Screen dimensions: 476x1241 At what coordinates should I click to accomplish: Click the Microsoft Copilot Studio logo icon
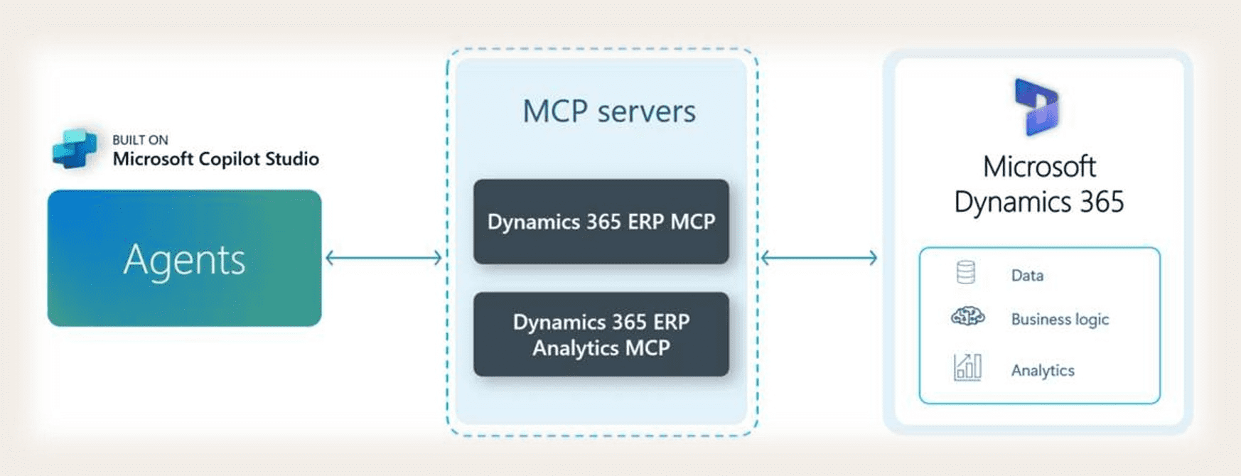click(x=75, y=148)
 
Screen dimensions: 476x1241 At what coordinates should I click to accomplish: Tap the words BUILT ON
click(x=140, y=140)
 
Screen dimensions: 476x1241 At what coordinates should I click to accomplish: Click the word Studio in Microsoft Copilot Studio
click(x=291, y=158)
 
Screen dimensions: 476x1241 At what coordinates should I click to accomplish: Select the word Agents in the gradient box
click(x=184, y=259)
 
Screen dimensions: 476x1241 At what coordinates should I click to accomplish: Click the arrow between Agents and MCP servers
click(x=384, y=258)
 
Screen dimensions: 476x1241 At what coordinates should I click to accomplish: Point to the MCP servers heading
click(x=608, y=112)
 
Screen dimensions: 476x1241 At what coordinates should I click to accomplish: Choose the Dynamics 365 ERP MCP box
click(x=601, y=222)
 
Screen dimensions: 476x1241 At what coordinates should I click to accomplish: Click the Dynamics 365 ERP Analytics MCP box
click(x=601, y=335)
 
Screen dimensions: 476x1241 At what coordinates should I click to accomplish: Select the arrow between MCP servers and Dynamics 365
click(x=819, y=258)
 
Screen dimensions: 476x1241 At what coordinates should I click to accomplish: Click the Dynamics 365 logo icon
click(x=1038, y=107)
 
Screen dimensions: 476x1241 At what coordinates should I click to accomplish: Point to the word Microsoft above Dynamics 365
click(x=1038, y=167)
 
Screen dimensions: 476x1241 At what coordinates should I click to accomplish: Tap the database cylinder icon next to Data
click(x=966, y=273)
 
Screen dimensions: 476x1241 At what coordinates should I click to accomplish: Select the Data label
click(x=1027, y=276)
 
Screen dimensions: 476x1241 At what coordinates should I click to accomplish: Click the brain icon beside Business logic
click(x=967, y=317)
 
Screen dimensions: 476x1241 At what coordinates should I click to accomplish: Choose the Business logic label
click(x=1059, y=320)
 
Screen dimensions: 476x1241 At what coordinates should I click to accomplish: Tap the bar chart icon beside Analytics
click(x=967, y=367)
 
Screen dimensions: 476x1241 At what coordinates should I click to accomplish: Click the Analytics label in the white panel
click(x=1042, y=370)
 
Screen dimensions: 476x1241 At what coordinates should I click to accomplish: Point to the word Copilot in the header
click(x=229, y=159)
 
